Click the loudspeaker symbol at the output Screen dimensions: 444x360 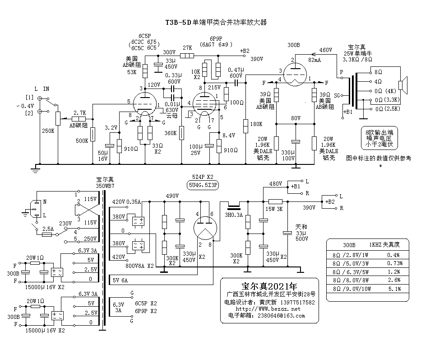(x=402, y=85)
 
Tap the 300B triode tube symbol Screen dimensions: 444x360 (x=295, y=74)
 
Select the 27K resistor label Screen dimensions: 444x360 (x=187, y=48)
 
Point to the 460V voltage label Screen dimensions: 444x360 (x=326, y=50)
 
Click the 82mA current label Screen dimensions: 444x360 (x=314, y=60)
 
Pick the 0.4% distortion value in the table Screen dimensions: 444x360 (x=393, y=255)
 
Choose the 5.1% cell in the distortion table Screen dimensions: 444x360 (x=394, y=289)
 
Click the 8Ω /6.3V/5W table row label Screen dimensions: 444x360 (x=351, y=272)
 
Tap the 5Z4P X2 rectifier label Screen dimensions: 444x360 (x=203, y=177)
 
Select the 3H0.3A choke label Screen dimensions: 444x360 (x=234, y=215)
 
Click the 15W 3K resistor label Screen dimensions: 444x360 (x=274, y=209)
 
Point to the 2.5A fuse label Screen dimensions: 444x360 (x=48, y=229)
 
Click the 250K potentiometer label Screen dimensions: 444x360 (x=48, y=131)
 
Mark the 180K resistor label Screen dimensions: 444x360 (x=256, y=124)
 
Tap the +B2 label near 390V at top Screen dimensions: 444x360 (x=245, y=51)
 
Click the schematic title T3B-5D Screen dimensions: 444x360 (x=178, y=23)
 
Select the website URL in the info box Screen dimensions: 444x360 (x=268, y=309)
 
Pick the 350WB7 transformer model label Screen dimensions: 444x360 (x=105, y=186)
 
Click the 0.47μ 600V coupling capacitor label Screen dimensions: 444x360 (x=236, y=73)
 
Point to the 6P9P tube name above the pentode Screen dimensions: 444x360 (x=216, y=38)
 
